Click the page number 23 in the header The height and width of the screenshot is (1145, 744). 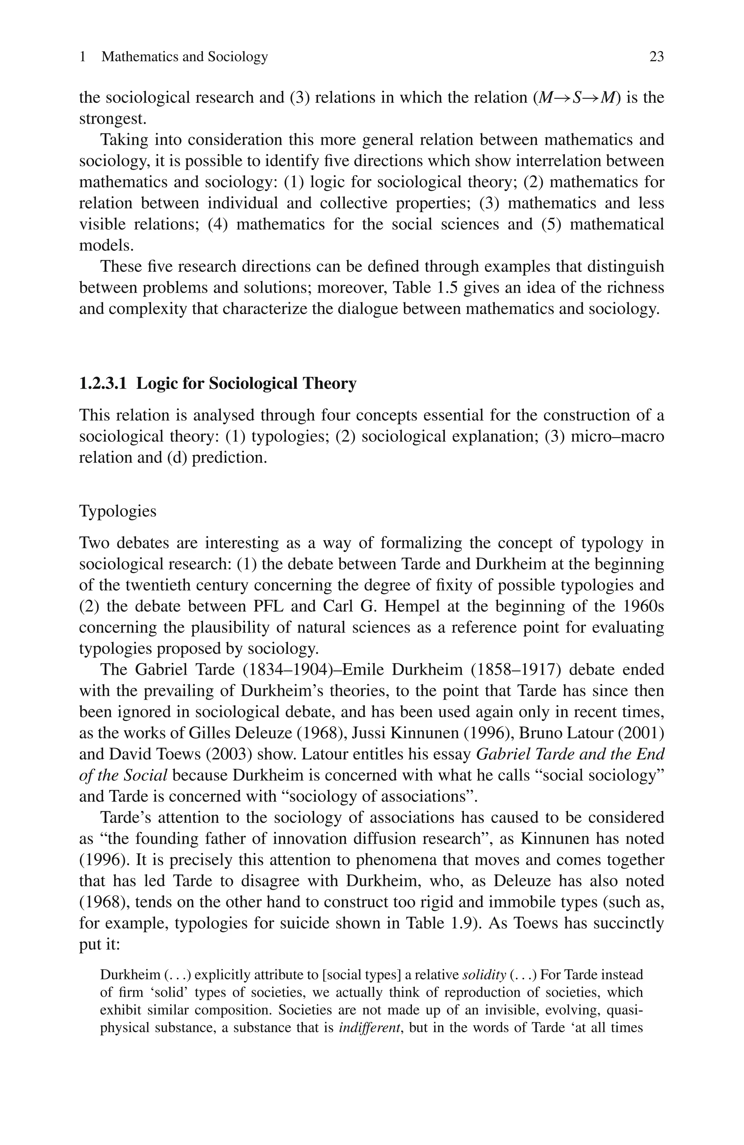pyautogui.click(x=656, y=57)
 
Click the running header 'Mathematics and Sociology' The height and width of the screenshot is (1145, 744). pyautogui.click(x=185, y=57)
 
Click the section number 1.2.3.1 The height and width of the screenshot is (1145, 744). pyautogui.click(x=103, y=384)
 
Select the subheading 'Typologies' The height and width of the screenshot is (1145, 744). pyautogui.click(x=118, y=511)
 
